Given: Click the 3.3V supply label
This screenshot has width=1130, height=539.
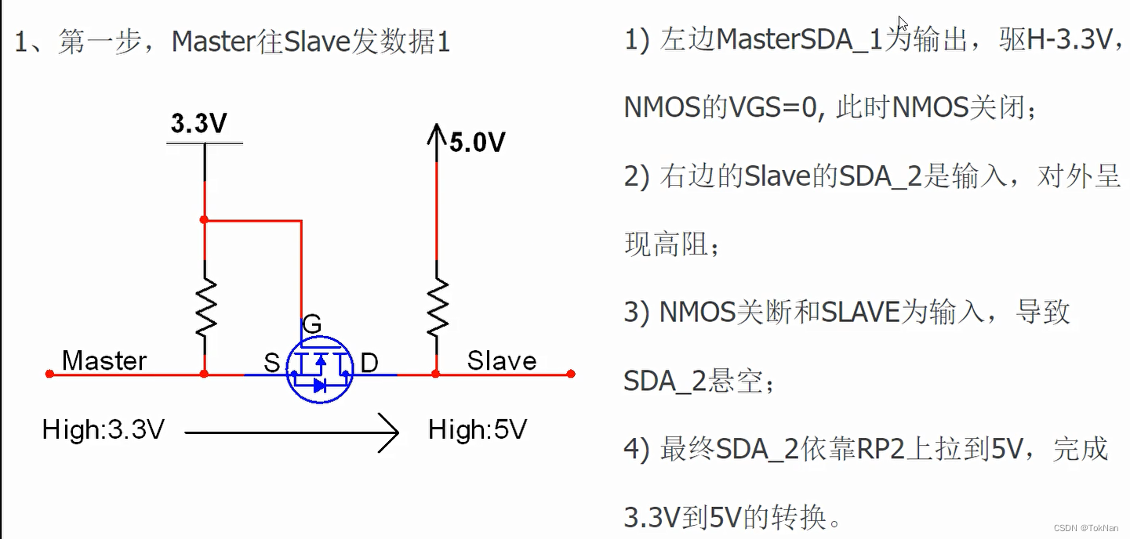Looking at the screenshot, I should tap(199, 124).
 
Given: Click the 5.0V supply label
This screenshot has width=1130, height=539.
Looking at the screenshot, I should tap(477, 142).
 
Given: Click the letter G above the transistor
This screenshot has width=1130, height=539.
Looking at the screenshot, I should tap(311, 324).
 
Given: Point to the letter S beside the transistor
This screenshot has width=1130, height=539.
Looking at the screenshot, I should tap(271, 363).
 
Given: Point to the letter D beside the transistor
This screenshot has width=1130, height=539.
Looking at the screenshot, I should tap(369, 363).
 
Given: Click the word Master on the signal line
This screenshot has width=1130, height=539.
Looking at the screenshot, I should tap(104, 360).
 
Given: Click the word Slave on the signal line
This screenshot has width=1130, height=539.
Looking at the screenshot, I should tap(502, 360).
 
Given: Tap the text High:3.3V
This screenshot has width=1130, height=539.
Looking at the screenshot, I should tap(104, 429).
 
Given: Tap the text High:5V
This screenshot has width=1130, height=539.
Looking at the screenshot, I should tap(478, 429).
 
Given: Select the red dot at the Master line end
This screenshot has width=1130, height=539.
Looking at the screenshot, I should tap(49, 374).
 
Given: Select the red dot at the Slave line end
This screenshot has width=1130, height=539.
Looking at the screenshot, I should tap(571, 374).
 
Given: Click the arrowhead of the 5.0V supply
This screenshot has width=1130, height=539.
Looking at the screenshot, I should tap(436, 133).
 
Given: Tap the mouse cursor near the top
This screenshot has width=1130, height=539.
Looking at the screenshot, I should tap(903, 24).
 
